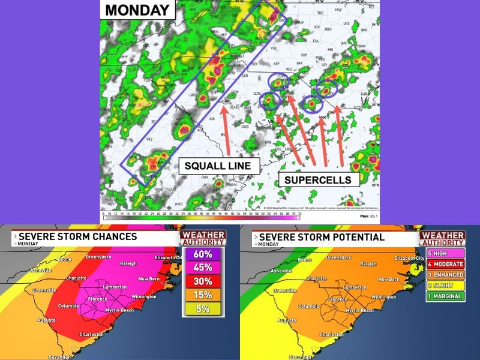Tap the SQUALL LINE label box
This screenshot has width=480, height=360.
click(221, 165)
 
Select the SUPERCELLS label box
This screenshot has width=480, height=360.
click(317, 179)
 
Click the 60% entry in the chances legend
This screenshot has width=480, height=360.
click(203, 254)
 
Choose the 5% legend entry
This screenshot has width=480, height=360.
click(203, 310)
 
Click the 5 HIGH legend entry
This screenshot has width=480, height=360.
click(445, 254)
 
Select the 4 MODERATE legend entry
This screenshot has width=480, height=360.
click(445, 264)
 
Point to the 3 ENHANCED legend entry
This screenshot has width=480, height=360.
click(445, 275)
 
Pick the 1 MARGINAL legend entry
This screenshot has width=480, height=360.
click(445, 296)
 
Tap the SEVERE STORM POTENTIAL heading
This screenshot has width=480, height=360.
click(321, 236)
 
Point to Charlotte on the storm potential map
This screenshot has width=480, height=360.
click(316, 278)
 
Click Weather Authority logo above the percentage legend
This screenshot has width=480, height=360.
click(203, 238)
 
